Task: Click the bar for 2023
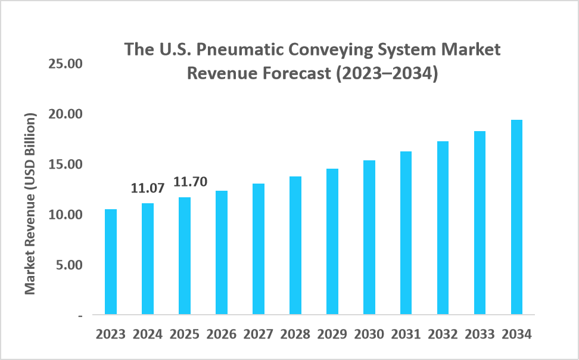pyautogui.click(x=111, y=262)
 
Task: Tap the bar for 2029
pyautogui.click(x=332, y=241)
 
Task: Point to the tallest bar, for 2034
pyautogui.click(x=516, y=217)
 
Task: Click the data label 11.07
pyautogui.click(x=148, y=190)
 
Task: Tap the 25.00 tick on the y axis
pyautogui.click(x=65, y=64)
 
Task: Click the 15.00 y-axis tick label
pyautogui.click(x=65, y=164)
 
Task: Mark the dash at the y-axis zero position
pyautogui.click(x=80, y=315)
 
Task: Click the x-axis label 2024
pyautogui.click(x=148, y=334)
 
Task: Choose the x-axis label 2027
pyautogui.click(x=259, y=334)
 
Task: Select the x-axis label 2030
pyautogui.click(x=369, y=334)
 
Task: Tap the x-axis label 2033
pyautogui.click(x=480, y=334)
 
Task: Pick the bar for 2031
pyautogui.click(x=406, y=232)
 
